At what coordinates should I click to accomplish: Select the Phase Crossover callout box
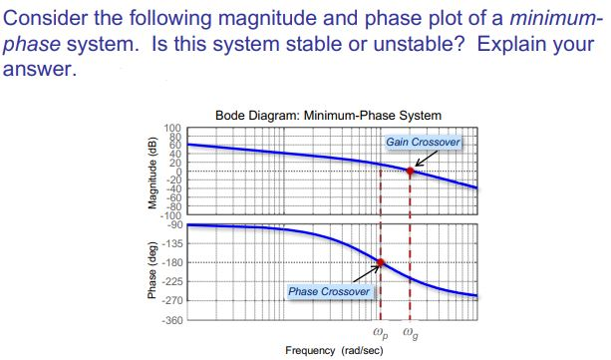(328, 291)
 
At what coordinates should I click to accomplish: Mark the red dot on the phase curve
(379, 263)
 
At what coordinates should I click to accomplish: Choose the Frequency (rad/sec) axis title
(333, 351)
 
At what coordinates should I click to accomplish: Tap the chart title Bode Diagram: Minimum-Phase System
(328, 115)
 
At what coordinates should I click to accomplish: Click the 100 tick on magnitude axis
(172, 129)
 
